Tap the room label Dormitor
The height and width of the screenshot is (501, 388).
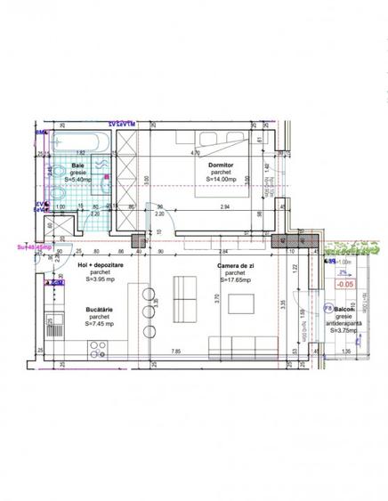(x=220, y=164)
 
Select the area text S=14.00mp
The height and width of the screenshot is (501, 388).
(x=220, y=180)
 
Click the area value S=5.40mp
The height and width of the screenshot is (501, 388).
(x=78, y=180)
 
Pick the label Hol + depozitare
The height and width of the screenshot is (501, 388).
(x=101, y=265)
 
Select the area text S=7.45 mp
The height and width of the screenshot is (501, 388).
(x=100, y=324)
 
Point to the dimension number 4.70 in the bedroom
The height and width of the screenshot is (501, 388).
(x=194, y=152)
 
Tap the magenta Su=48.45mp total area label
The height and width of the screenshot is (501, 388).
(x=31, y=248)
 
